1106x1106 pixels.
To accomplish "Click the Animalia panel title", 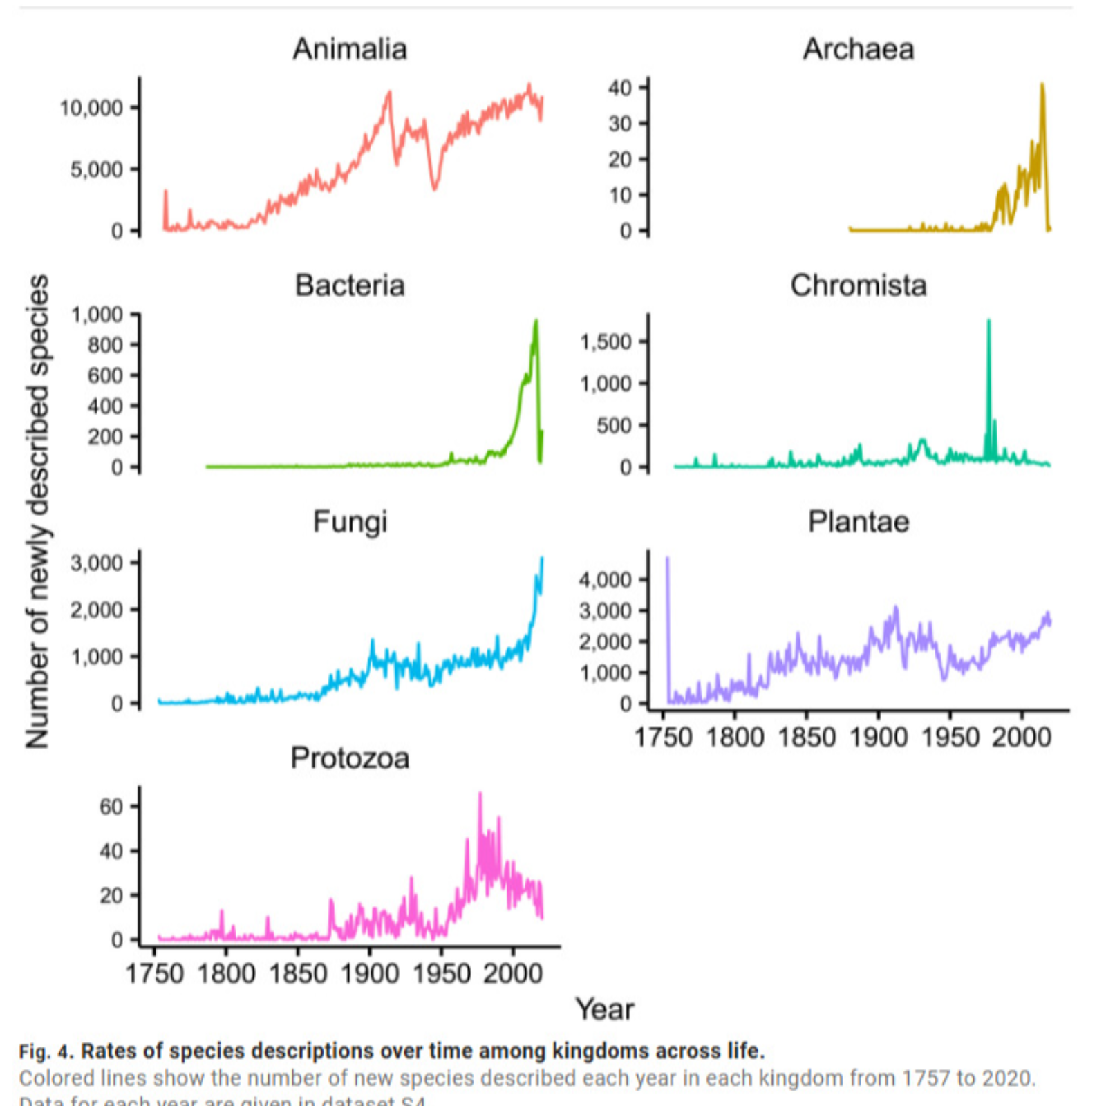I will click(350, 49).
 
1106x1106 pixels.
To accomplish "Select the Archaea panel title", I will click(859, 49).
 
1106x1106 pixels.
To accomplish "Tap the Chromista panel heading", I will click(859, 285).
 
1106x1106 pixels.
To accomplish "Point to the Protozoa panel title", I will click(350, 758).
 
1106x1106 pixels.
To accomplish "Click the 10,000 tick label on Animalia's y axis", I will click(91, 108).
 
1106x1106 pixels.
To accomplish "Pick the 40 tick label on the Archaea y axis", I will click(620, 88).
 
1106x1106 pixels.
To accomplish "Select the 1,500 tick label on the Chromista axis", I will click(606, 341).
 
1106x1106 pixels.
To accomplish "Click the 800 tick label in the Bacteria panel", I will click(105, 345).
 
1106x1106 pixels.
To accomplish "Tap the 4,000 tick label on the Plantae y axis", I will click(606, 579).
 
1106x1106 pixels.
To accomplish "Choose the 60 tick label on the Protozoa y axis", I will click(111, 807).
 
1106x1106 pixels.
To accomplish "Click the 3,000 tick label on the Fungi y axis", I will click(97, 563).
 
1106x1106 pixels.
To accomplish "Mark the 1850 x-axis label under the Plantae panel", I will click(807, 738).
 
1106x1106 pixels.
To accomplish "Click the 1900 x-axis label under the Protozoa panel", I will click(370, 974).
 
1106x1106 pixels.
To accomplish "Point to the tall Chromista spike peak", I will click(988, 321).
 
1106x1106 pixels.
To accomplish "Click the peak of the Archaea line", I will click(1042, 84).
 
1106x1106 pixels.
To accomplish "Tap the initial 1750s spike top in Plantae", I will click(667, 558).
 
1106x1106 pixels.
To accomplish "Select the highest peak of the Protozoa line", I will click(480, 794).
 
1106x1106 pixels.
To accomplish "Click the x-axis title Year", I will click(605, 1010).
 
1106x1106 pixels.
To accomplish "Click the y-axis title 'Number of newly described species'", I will click(37, 512).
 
